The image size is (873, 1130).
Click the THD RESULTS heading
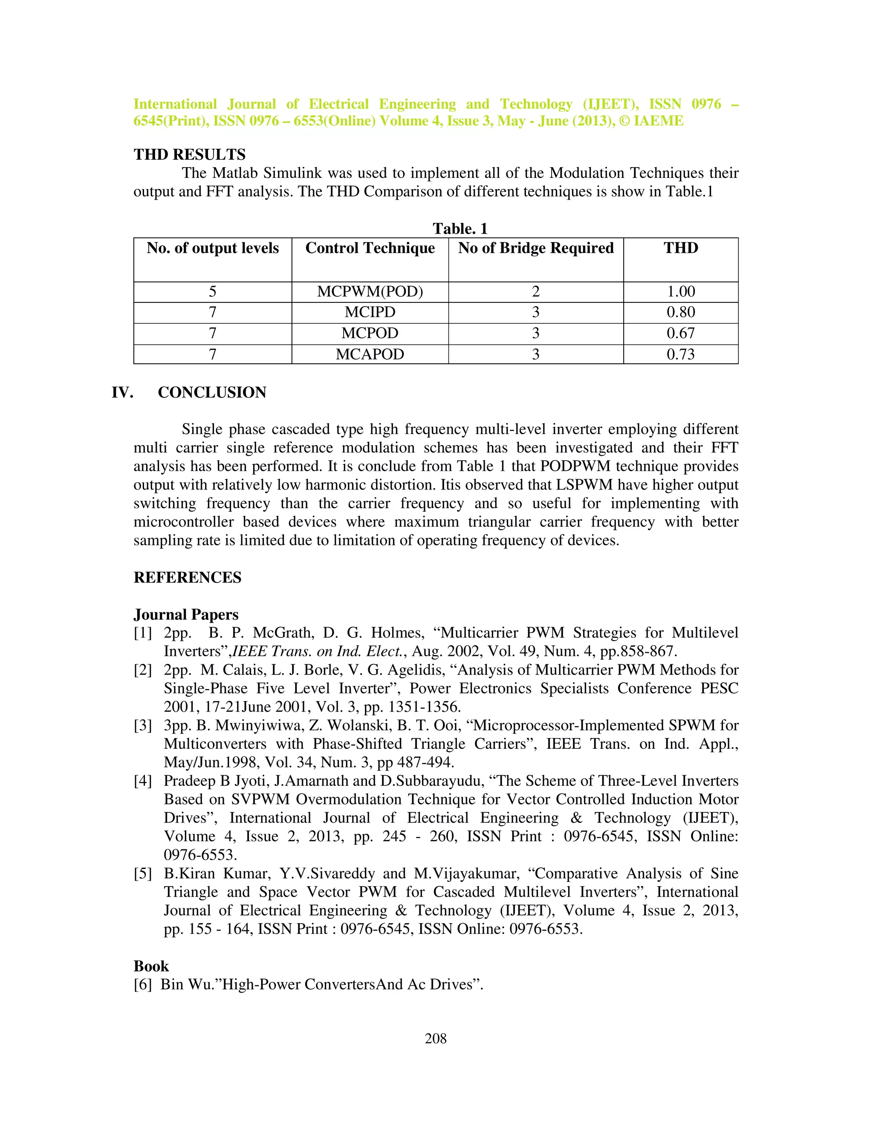tap(189, 155)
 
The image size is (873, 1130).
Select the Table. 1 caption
tap(460, 229)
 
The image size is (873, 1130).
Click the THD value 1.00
tap(681, 292)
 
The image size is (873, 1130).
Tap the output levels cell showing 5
tap(213, 292)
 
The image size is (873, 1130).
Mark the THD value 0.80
tap(681, 313)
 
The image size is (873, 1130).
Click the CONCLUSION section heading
tap(212, 393)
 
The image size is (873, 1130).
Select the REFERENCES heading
tap(187, 577)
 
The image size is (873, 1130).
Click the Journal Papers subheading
tap(186, 614)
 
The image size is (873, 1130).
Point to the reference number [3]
tap(143, 726)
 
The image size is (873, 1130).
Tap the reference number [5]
tap(143, 874)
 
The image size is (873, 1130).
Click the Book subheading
tap(151, 967)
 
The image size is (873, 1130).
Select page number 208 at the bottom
tap(436, 1038)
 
